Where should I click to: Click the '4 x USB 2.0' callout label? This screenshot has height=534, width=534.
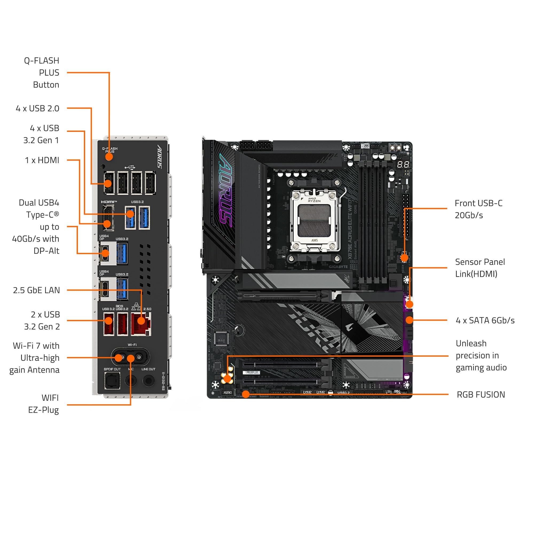[x=38, y=108]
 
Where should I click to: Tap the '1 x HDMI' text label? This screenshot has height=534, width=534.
[x=42, y=160]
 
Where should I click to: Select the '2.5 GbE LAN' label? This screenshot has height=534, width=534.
[x=36, y=290]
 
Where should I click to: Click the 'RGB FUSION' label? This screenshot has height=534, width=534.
[x=481, y=394]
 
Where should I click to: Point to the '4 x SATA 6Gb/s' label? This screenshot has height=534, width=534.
[x=485, y=320]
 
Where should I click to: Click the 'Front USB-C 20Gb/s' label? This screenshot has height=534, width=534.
[x=478, y=209]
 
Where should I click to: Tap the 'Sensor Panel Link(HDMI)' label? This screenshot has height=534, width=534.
[x=480, y=268]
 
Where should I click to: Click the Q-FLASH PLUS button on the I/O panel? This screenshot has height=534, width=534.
[x=109, y=157]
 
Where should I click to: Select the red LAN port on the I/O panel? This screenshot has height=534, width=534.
[x=141, y=324]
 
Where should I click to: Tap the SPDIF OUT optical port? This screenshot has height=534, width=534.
[x=112, y=380]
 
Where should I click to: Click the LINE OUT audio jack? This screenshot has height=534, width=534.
[x=148, y=380]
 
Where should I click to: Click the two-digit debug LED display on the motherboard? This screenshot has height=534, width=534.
[x=403, y=165]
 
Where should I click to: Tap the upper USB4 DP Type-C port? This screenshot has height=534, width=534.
[x=105, y=253]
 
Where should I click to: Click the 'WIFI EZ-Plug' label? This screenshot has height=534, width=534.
[x=44, y=404]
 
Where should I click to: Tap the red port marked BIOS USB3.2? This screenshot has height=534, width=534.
[x=123, y=324]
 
